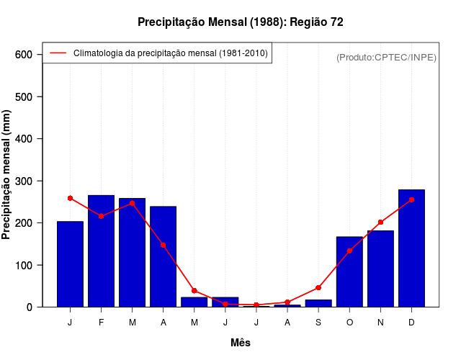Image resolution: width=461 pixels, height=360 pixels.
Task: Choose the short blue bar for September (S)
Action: [318, 303]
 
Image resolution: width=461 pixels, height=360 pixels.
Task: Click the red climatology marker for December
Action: [411, 199]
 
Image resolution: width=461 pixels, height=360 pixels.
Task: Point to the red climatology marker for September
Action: [318, 287]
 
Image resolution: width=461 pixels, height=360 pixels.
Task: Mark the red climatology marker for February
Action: [101, 216]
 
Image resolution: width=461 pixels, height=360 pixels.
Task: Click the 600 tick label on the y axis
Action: [24, 55]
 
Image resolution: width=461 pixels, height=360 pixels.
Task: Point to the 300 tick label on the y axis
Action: [24, 181]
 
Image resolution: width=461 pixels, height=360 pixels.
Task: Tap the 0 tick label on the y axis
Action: [30, 307]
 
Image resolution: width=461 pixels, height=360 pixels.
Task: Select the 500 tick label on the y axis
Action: [24, 96]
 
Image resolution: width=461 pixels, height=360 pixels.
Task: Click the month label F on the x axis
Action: [101, 323]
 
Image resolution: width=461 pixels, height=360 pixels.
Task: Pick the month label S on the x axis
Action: [318, 323]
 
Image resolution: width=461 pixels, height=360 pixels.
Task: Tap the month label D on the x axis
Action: [411, 323]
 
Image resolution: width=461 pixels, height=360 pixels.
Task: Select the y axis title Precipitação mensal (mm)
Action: [7, 180]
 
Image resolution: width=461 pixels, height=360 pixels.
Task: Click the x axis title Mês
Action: [241, 343]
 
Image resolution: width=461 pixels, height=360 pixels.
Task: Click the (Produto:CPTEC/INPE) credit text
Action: [386, 57]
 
